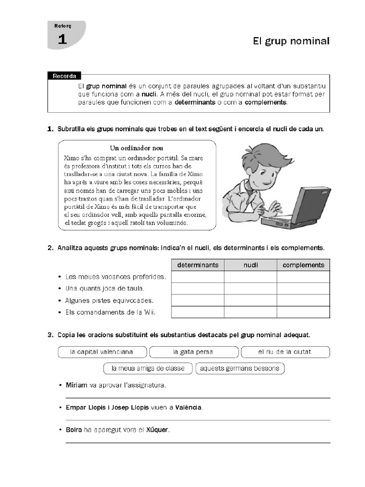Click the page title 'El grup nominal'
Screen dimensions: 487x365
(x=291, y=41)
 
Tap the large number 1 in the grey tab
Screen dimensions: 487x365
(x=62, y=40)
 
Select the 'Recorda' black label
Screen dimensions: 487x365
(x=64, y=76)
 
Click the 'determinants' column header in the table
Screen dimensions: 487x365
(x=198, y=265)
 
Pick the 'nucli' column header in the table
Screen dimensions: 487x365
(x=250, y=265)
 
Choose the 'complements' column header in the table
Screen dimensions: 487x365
(x=303, y=265)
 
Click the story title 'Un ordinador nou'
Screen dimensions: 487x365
(x=136, y=148)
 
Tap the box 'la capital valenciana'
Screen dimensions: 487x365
(x=102, y=352)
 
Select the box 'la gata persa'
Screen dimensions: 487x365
(x=193, y=352)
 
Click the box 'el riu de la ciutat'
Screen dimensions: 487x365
(x=285, y=352)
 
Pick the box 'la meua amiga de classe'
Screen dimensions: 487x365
(x=148, y=368)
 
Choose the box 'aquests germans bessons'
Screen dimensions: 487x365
(x=240, y=368)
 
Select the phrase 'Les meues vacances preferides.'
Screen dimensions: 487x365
(x=116, y=276)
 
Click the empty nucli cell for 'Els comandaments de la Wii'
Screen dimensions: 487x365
(x=250, y=312)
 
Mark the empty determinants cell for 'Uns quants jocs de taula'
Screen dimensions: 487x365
(x=198, y=288)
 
